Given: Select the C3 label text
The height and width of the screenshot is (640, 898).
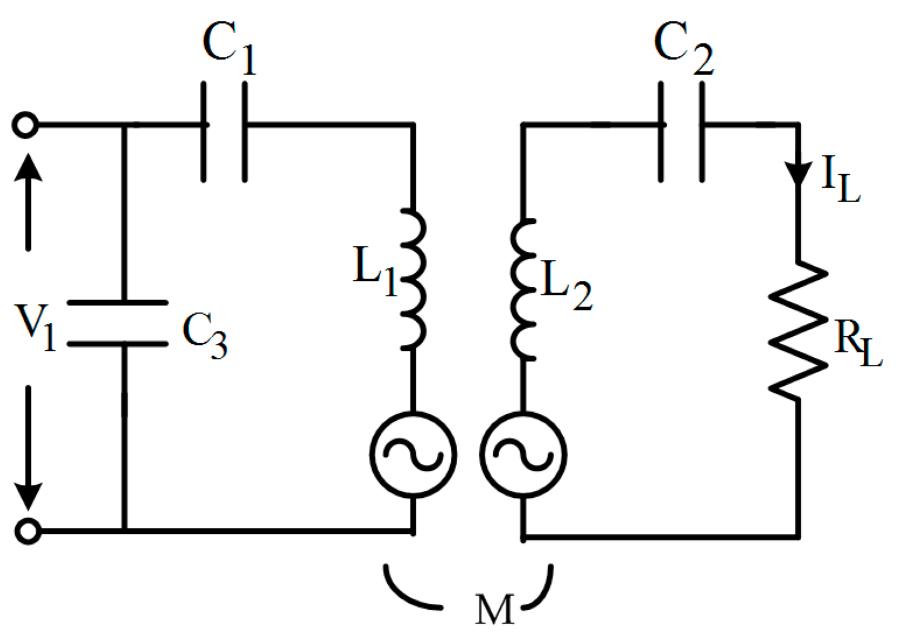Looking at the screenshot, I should click(x=204, y=335).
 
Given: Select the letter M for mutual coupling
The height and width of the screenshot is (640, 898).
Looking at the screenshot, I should click(x=494, y=610).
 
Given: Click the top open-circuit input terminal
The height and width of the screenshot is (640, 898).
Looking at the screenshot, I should click(x=25, y=125).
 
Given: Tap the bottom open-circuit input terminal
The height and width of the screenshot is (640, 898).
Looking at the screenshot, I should click(x=27, y=531).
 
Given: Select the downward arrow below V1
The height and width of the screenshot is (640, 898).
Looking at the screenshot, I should click(x=28, y=449).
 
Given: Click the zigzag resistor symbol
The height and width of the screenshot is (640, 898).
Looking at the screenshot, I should click(x=798, y=330).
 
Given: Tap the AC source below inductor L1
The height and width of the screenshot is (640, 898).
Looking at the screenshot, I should click(x=413, y=455).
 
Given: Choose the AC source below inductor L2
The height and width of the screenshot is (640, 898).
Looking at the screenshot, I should click(x=523, y=455).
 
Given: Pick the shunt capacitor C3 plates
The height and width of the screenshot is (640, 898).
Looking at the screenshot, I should click(x=118, y=323).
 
